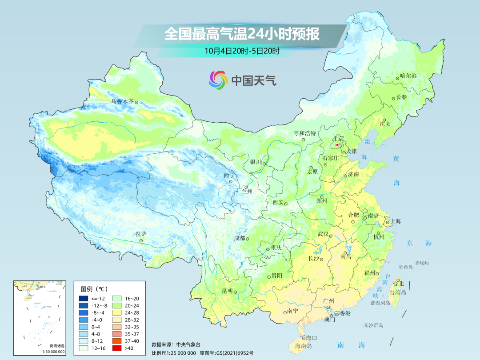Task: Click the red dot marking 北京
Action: [x=337, y=145]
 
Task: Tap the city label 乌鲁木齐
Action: [x=122, y=101]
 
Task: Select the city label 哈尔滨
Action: [x=408, y=76]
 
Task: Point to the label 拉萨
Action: [x=141, y=234]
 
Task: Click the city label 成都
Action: [x=239, y=238]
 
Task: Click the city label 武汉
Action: [x=323, y=234]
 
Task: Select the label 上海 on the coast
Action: [x=395, y=221]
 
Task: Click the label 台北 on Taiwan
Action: [x=399, y=284]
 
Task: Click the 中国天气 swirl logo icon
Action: [x=218, y=80]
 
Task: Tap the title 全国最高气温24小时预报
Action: [x=242, y=34]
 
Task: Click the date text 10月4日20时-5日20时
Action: [x=242, y=51]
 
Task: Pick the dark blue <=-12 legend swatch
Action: [x=84, y=298]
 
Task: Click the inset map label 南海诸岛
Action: [x=57, y=346]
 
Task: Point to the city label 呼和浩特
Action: [x=304, y=133]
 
